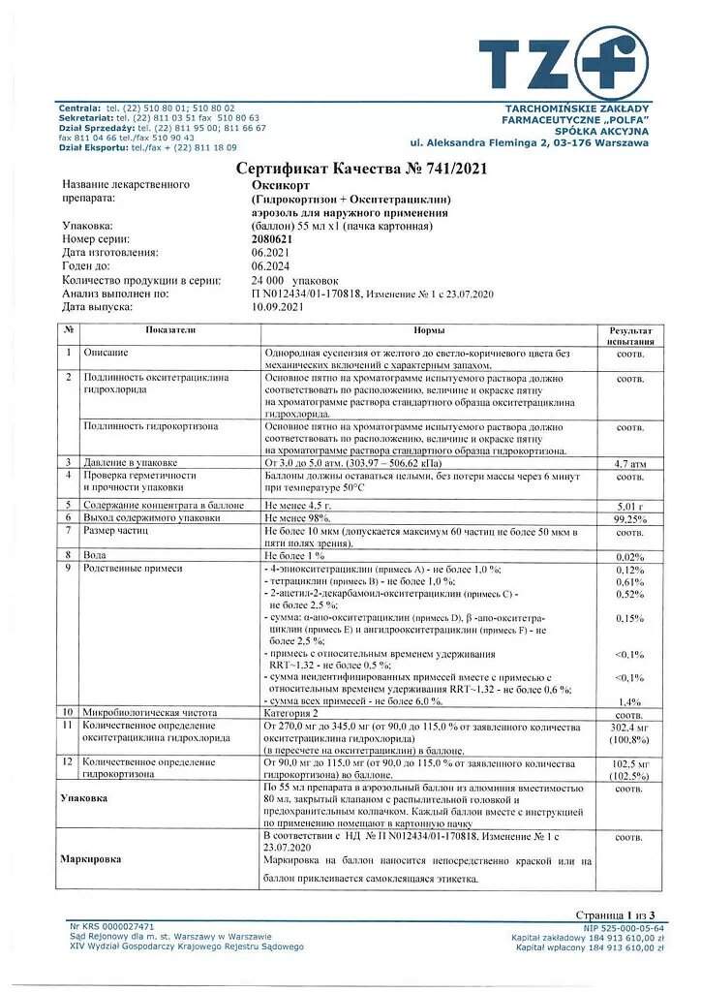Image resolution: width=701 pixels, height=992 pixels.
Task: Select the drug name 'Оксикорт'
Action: click(277, 184)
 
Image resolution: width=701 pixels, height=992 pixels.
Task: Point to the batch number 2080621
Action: click(274, 238)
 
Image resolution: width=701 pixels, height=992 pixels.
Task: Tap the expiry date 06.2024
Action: click(270, 265)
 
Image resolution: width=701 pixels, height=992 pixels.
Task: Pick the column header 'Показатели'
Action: click(169, 330)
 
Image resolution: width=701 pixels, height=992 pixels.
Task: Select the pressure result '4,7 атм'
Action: click(630, 464)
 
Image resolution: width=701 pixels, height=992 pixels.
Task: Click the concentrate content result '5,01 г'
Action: click(630, 505)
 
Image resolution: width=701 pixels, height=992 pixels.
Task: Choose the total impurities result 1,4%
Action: click(630, 700)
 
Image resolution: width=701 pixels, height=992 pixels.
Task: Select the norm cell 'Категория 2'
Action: click(295, 712)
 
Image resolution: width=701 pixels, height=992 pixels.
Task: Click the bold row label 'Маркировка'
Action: click(91, 858)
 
